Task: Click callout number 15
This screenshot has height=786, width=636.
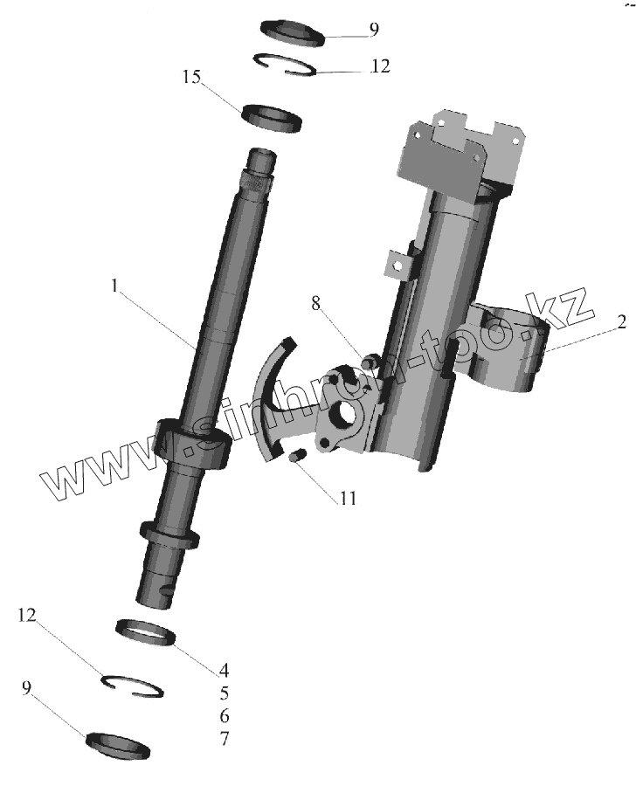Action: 192,78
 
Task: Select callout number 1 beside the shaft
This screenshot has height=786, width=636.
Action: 114,284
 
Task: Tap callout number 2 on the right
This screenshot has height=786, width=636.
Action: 621,322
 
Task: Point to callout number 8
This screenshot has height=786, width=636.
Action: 316,304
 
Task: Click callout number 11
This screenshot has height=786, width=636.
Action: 348,500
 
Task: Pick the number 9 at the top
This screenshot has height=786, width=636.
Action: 374,30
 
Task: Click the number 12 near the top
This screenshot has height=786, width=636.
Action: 380,65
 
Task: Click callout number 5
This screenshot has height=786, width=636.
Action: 225,693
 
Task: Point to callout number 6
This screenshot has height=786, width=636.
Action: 225,716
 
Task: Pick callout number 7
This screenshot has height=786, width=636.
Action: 225,739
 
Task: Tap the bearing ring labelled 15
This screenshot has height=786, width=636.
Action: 273,117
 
